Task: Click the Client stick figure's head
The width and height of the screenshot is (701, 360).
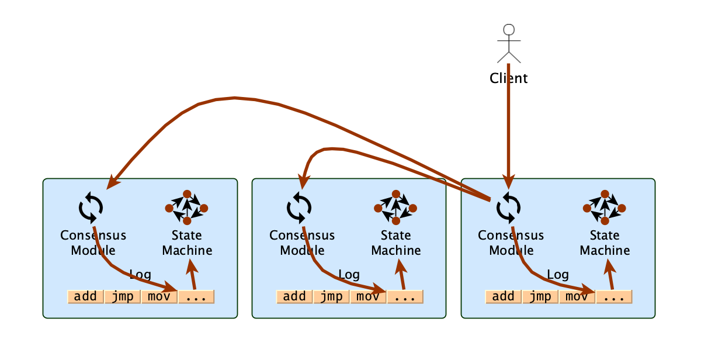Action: coord(509,30)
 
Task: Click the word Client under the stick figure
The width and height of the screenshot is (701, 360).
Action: coord(508,78)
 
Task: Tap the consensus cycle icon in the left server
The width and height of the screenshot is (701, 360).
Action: coord(91,207)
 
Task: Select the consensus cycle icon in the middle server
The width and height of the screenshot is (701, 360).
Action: coord(299,207)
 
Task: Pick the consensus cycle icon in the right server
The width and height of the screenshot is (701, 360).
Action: coord(508,207)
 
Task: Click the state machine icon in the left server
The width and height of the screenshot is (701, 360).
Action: coord(187,207)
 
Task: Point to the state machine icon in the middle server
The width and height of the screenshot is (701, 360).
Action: coord(395,207)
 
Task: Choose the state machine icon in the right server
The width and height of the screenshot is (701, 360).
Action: coord(605,207)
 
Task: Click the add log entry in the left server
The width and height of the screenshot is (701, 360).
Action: coord(85,296)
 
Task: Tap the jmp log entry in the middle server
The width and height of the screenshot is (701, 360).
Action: coord(331,296)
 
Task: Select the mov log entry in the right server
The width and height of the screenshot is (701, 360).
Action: coord(577,296)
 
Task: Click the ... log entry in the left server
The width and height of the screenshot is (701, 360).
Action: coord(196,296)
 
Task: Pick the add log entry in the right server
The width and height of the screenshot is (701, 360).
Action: coord(503,296)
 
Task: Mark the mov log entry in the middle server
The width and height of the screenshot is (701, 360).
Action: coord(368,296)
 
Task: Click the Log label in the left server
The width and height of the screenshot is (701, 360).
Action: coord(140,274)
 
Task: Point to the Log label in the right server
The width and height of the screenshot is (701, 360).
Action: coord(557,274)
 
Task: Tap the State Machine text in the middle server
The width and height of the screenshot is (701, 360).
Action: coord(395,243)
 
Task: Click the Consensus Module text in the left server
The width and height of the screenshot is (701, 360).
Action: coord(93,243)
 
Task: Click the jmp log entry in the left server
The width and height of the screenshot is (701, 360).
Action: coord(123,296)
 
